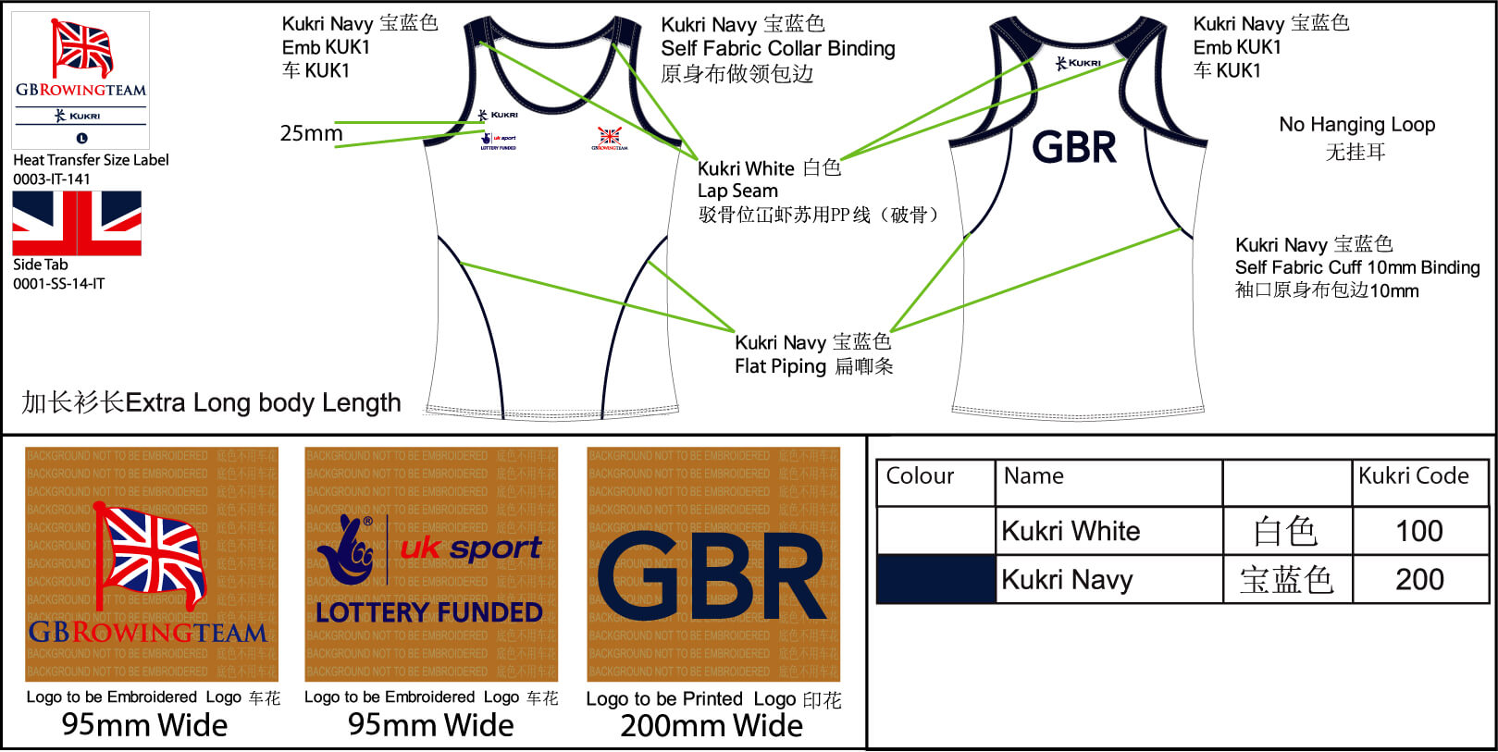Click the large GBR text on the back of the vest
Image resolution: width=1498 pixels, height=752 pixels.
coord(1074,148)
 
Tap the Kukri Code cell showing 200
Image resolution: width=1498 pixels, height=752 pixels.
coord(1418,580)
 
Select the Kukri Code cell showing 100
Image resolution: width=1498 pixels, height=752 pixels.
coord(1418,531)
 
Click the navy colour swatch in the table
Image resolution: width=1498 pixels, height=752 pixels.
coord(935,580)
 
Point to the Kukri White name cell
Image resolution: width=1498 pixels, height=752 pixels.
coord(1071,531)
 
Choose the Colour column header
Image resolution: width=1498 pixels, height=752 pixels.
coord(920,476)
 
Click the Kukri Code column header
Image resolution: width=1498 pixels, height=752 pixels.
coord(1413,476)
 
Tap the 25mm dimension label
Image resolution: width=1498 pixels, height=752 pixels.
coord(311,133)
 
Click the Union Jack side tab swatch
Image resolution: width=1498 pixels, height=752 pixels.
coord(77,223)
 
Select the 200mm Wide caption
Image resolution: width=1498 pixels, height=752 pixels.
coord(712,726)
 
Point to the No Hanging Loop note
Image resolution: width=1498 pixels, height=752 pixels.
coord(1356,125)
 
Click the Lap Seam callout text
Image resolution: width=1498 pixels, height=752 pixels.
coord(737,191)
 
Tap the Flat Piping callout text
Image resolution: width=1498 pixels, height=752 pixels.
coord(780,366)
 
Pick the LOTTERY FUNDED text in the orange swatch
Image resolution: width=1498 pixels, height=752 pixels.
coord(429,612)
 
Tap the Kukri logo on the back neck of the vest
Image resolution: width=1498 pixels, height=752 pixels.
coord(1079,63)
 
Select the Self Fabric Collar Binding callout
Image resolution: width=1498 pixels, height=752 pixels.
coord(777,49)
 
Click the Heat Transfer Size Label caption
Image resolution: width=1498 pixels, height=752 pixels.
coord(91,160)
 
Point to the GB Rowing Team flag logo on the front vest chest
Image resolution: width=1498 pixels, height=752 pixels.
coord(609,139)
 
